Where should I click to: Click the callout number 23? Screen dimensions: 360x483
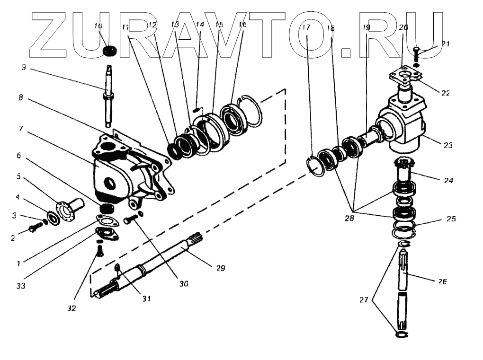click(x=448, y=146)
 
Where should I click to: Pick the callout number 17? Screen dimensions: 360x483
click(x=306, y=27)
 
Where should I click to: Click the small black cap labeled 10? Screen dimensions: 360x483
click(x=110, y=50)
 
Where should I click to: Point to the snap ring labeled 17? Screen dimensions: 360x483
click(x=316, y=166)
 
